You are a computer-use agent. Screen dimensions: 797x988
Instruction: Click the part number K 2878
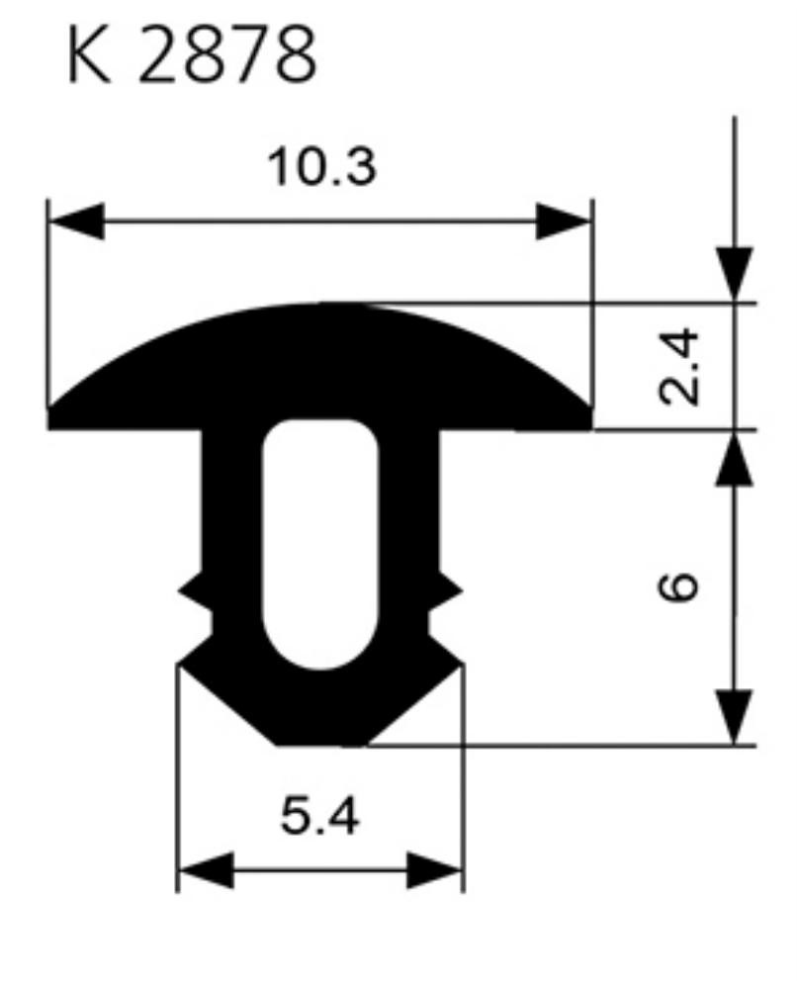click(x=192, y=54)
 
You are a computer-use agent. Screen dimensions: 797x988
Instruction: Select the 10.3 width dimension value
click(x=322, y=167)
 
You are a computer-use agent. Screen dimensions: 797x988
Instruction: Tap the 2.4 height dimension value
click(x=678, y=367)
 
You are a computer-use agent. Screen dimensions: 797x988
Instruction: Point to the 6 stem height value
click(x=678, y=586)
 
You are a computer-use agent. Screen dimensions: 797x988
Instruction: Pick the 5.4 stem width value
click(x=319, y=817)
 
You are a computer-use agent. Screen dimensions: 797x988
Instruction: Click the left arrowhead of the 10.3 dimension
click(x=76, y=222)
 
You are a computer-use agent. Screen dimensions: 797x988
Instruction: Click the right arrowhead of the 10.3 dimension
click(x=564, y=222)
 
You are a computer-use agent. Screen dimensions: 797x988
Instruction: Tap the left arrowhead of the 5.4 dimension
click(x=206, y=870)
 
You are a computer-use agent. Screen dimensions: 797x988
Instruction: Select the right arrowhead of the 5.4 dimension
click(x=435, y=870)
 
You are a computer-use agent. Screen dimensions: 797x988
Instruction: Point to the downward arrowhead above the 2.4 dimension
click(x=734, y=275)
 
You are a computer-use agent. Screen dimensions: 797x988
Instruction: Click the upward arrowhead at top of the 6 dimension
click(x=734, y=459)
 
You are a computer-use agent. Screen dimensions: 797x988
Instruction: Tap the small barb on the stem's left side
click(x=194, y=591)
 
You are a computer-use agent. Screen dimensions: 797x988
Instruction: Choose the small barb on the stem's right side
click(x=446, y=591)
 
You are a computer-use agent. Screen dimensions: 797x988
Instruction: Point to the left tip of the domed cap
click(x=48, y=409)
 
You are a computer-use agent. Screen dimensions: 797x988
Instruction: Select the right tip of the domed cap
click(x=591, y=409)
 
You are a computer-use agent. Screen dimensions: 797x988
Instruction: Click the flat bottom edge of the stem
click(x=321, y=745)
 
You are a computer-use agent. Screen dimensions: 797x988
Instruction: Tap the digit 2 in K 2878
click(x=155, y=54)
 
